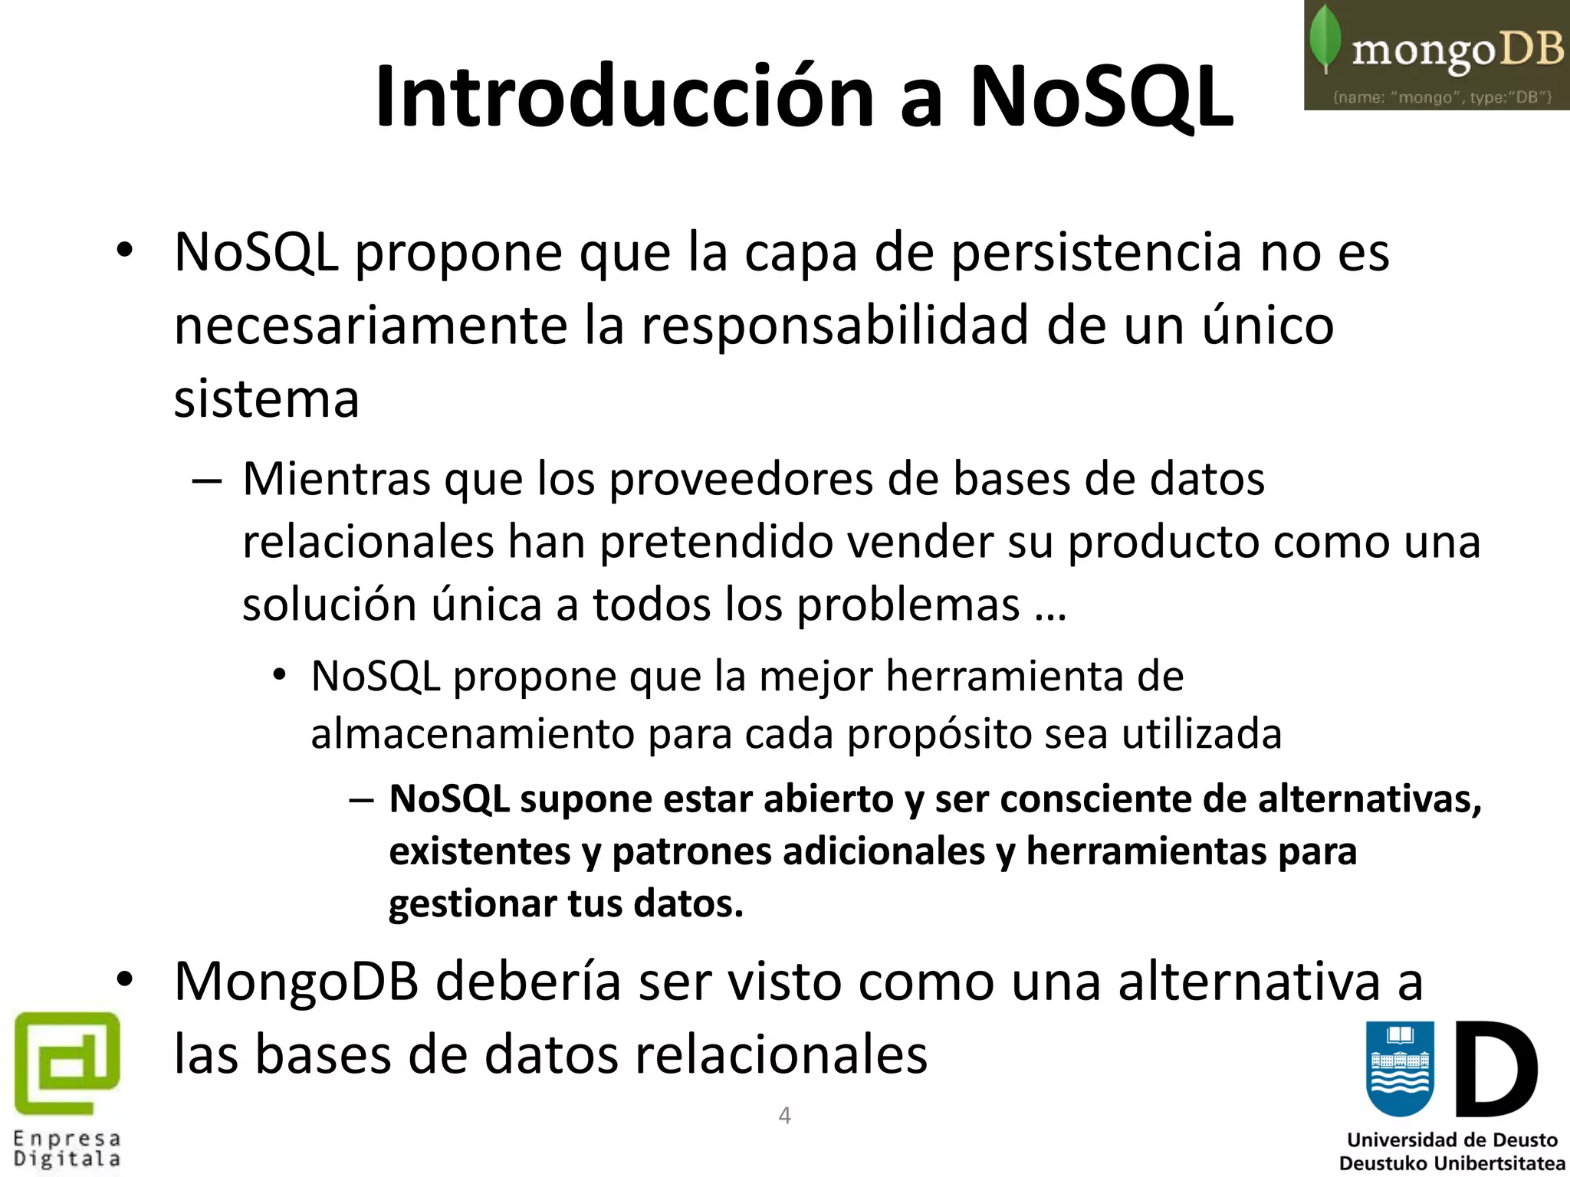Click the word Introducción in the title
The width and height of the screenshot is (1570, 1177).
coord(625,97)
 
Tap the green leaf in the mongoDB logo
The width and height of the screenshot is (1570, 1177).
coord(1325,38)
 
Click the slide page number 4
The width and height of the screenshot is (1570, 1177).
coord(784,1115)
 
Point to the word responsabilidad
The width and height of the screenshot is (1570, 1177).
coord(836,326)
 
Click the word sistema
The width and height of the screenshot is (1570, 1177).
coord(267,399)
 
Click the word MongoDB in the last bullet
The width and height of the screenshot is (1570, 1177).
coord(297,982)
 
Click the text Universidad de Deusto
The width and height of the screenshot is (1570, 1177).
coord(1452,1140)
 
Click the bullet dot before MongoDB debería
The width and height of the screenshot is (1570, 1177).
coord(125,979)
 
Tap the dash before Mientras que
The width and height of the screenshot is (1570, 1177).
coord(207,481)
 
